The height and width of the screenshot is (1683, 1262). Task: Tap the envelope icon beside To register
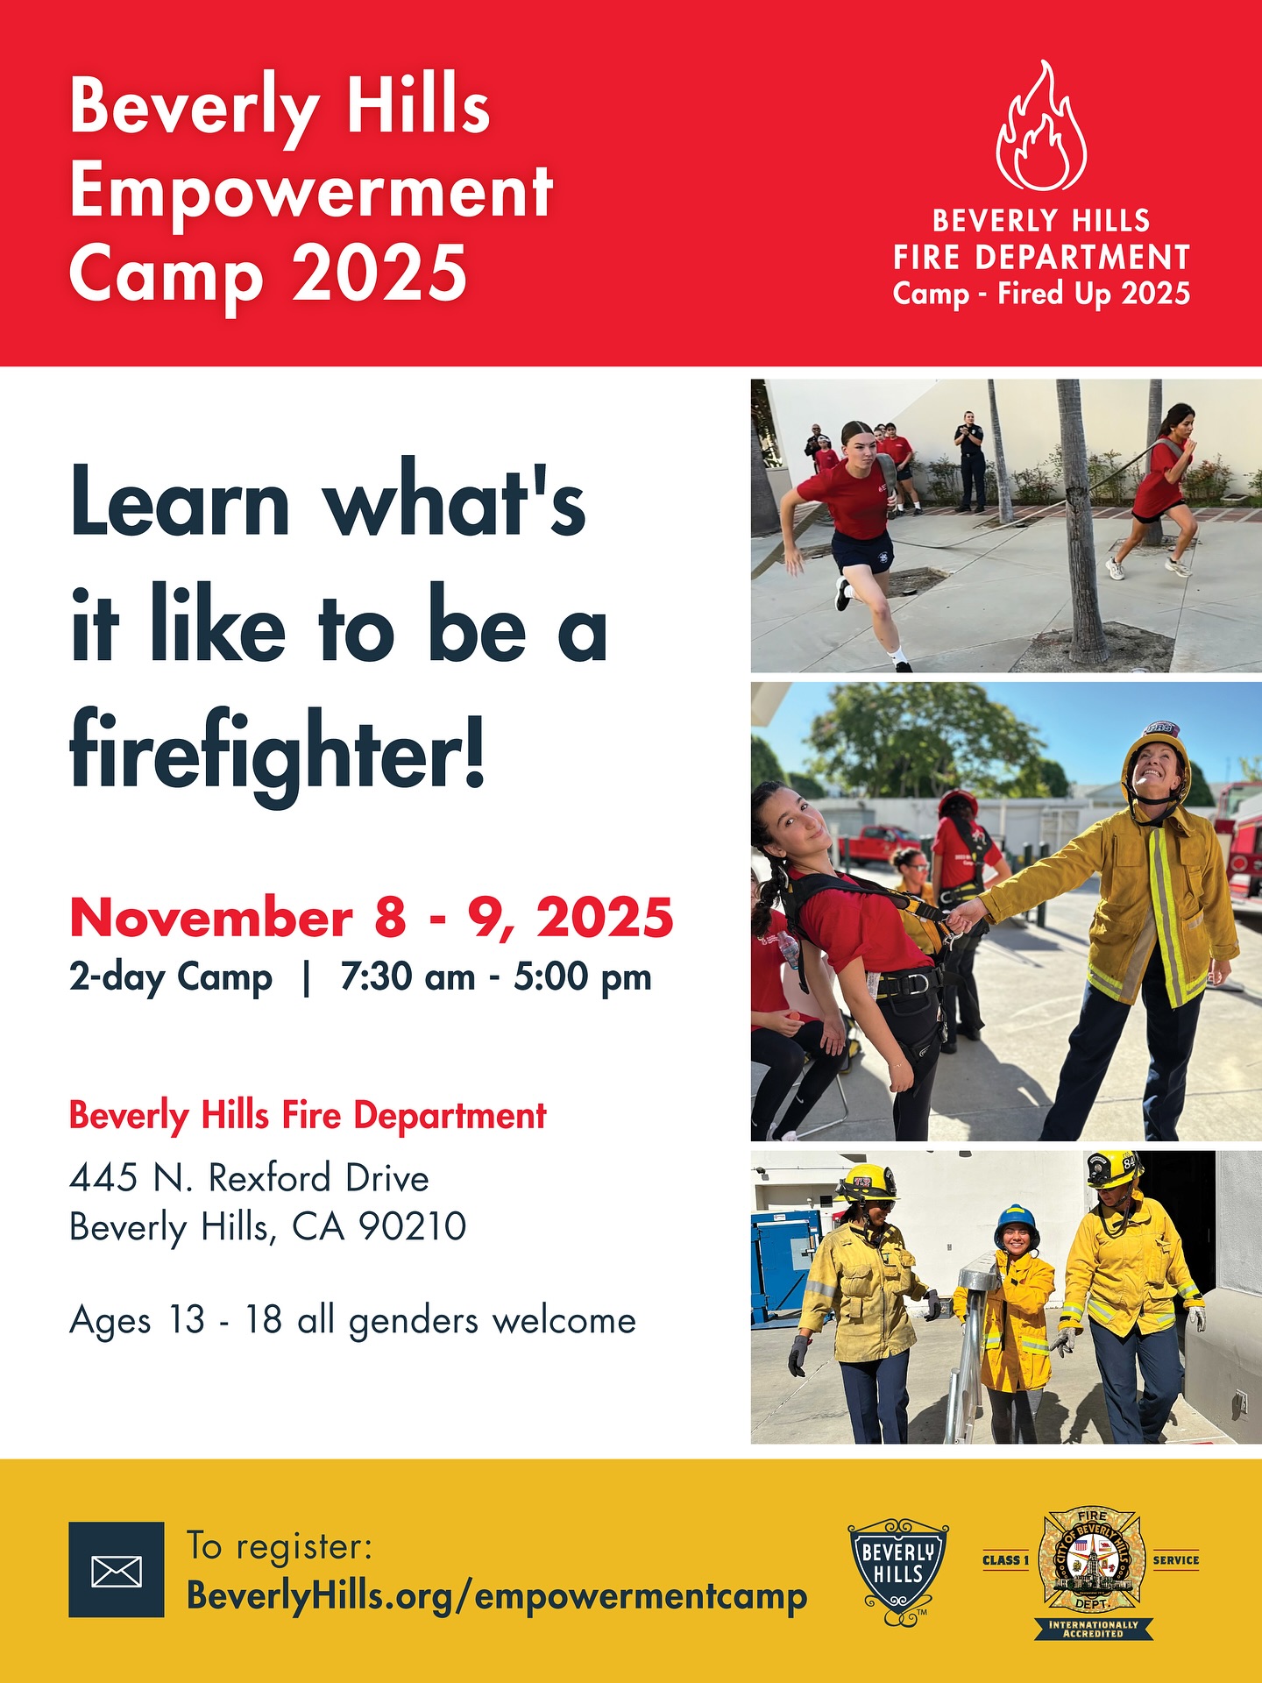117,1569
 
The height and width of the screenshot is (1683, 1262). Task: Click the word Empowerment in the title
311,194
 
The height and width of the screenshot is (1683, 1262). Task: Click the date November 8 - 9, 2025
372,918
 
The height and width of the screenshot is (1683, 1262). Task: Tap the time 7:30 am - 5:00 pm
496,976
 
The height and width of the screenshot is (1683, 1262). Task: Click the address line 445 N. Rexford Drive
249,1178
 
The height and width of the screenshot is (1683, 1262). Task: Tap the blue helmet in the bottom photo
1017,1222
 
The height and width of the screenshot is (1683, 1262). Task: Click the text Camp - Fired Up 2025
1041,294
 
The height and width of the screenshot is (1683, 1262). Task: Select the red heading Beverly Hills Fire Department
308,1116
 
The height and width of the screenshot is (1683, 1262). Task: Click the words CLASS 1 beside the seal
1005,1560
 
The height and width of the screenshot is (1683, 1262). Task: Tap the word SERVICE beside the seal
1176,1560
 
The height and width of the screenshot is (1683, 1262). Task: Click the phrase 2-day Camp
171,977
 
